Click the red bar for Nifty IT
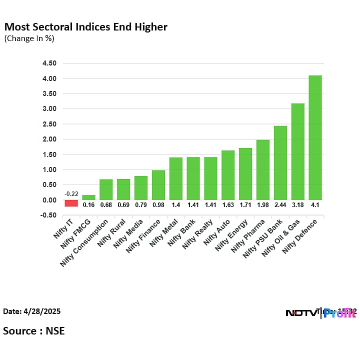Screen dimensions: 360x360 click(x=71, y=203)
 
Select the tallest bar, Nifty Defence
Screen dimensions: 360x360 click(x=315, y=137)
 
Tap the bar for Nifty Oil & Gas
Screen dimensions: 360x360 click(x=297, y=151)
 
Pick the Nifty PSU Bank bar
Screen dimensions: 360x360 click(x=280, y=162)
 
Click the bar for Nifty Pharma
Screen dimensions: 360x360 click(x=263, y=169)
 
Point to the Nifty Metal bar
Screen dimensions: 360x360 click(x=176, y=178)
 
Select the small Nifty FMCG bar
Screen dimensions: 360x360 click(x=89, y=197)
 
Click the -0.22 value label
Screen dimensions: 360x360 click(x=71, y=194)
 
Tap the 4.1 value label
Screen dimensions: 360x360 click(x=315, y=205)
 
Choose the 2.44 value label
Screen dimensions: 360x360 click(x=280, y=205)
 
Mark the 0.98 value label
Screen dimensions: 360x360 click(x=158, y=205)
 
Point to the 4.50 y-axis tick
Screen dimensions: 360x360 click(x=49, y=63)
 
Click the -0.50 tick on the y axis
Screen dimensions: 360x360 click(x=49, y=215)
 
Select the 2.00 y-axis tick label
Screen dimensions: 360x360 click(x=49, y=139)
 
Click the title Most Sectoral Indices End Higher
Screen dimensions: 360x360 click(x=85, y=26)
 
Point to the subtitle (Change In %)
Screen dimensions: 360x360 click(x=29, y=38)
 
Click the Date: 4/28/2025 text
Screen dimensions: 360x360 click(x=32, y=311)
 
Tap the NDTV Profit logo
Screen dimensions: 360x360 click(x=320, y=313)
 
